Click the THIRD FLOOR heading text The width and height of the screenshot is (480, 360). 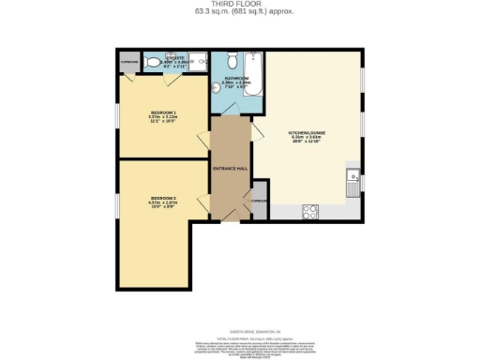point(241,4)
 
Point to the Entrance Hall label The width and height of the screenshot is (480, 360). point(231,168)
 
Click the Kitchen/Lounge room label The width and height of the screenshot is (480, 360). point(307,135)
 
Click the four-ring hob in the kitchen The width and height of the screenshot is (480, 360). point(309,212)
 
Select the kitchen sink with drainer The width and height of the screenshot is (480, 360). point(352,181)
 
